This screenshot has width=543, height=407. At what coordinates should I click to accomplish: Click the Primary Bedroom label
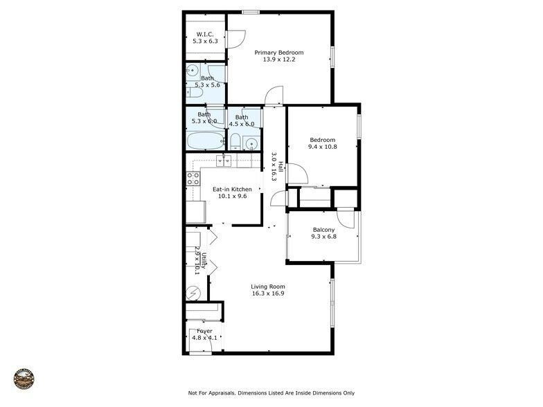[x=278, y=53]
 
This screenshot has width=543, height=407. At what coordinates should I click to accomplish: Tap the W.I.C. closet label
[x=205, y=34]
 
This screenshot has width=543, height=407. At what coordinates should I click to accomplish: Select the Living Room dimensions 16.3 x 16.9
[x=268, y=293]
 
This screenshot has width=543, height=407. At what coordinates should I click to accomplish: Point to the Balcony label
[x=323, y=230]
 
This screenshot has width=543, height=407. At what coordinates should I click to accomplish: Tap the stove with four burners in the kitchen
[x=193, y=179]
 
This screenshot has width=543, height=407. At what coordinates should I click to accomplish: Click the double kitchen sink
[x=224, y=161]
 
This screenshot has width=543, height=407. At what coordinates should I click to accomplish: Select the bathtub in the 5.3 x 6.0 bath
[x=205, y=141]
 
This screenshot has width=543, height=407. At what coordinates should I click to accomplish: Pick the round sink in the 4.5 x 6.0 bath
[x=251, y=144]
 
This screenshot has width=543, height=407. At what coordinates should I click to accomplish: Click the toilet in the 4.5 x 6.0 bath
[x=235, y=143]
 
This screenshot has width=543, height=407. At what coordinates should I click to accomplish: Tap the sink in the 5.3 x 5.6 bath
[x=193, y=71]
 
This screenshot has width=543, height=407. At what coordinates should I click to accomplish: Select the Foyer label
[x=204, y=331]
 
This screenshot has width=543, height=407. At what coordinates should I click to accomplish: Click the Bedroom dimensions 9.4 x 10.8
[x=322, y=147]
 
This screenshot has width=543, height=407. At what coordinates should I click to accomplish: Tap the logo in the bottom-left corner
[x=24, y=379]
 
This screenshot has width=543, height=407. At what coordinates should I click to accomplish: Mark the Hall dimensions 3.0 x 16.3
[x=274, y=167]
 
